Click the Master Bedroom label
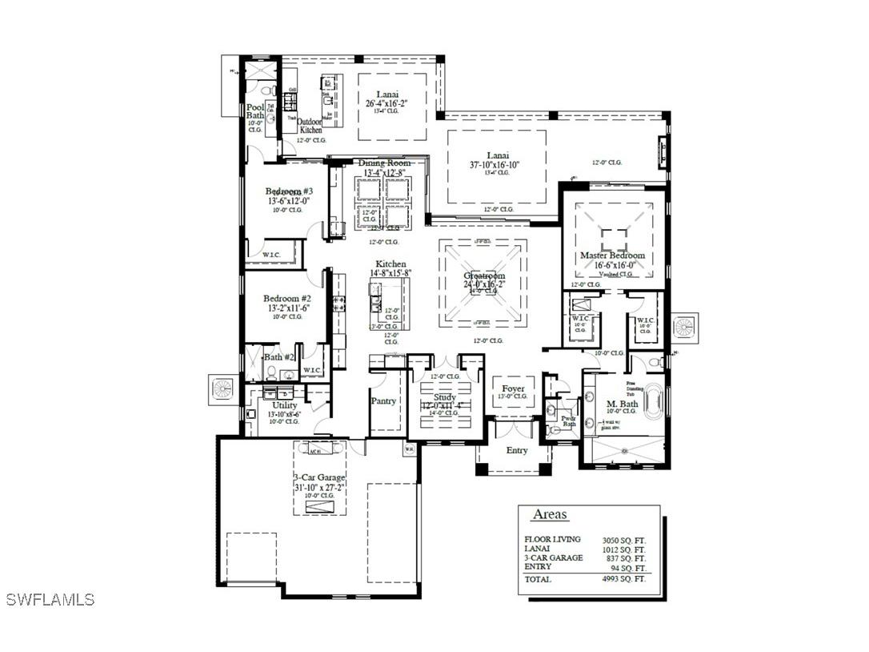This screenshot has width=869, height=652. click(x=612, y=256)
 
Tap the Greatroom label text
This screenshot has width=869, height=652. click(x=484, y=276)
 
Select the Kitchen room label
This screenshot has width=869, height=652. click(x=391, y=264)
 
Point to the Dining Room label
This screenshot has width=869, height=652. click(x=384, y=163)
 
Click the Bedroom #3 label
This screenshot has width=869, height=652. click(x=289, y=191)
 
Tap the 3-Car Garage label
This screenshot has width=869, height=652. click(x=319, y=477)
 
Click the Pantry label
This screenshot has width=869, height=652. click(x=383, y=400)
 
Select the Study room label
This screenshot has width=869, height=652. click(x=445, y=397)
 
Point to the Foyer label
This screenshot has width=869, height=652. click(x=513, y=388)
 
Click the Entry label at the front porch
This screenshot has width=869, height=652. click(x=517, y=450)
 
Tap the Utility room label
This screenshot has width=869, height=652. click(x=285, y=405)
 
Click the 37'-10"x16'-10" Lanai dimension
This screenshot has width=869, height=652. click(x=495, y=165)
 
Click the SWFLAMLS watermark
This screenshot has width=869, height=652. click(x=50, y=599)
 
